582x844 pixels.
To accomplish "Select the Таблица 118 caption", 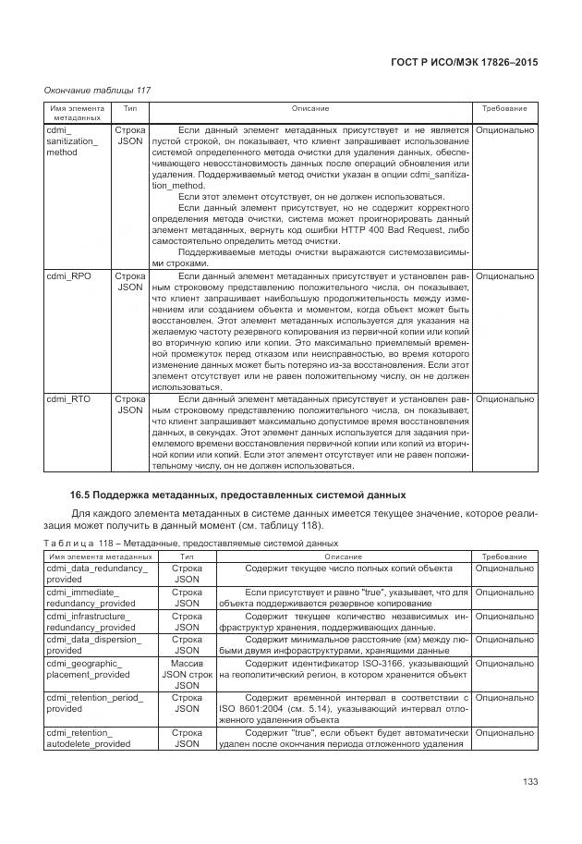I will pos(191,543).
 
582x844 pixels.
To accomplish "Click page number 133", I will pos(529,783).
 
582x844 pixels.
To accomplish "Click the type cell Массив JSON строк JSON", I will pos(187,674).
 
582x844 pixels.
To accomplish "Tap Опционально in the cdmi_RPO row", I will pos(504,275).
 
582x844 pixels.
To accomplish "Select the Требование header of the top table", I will pos(504,109).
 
